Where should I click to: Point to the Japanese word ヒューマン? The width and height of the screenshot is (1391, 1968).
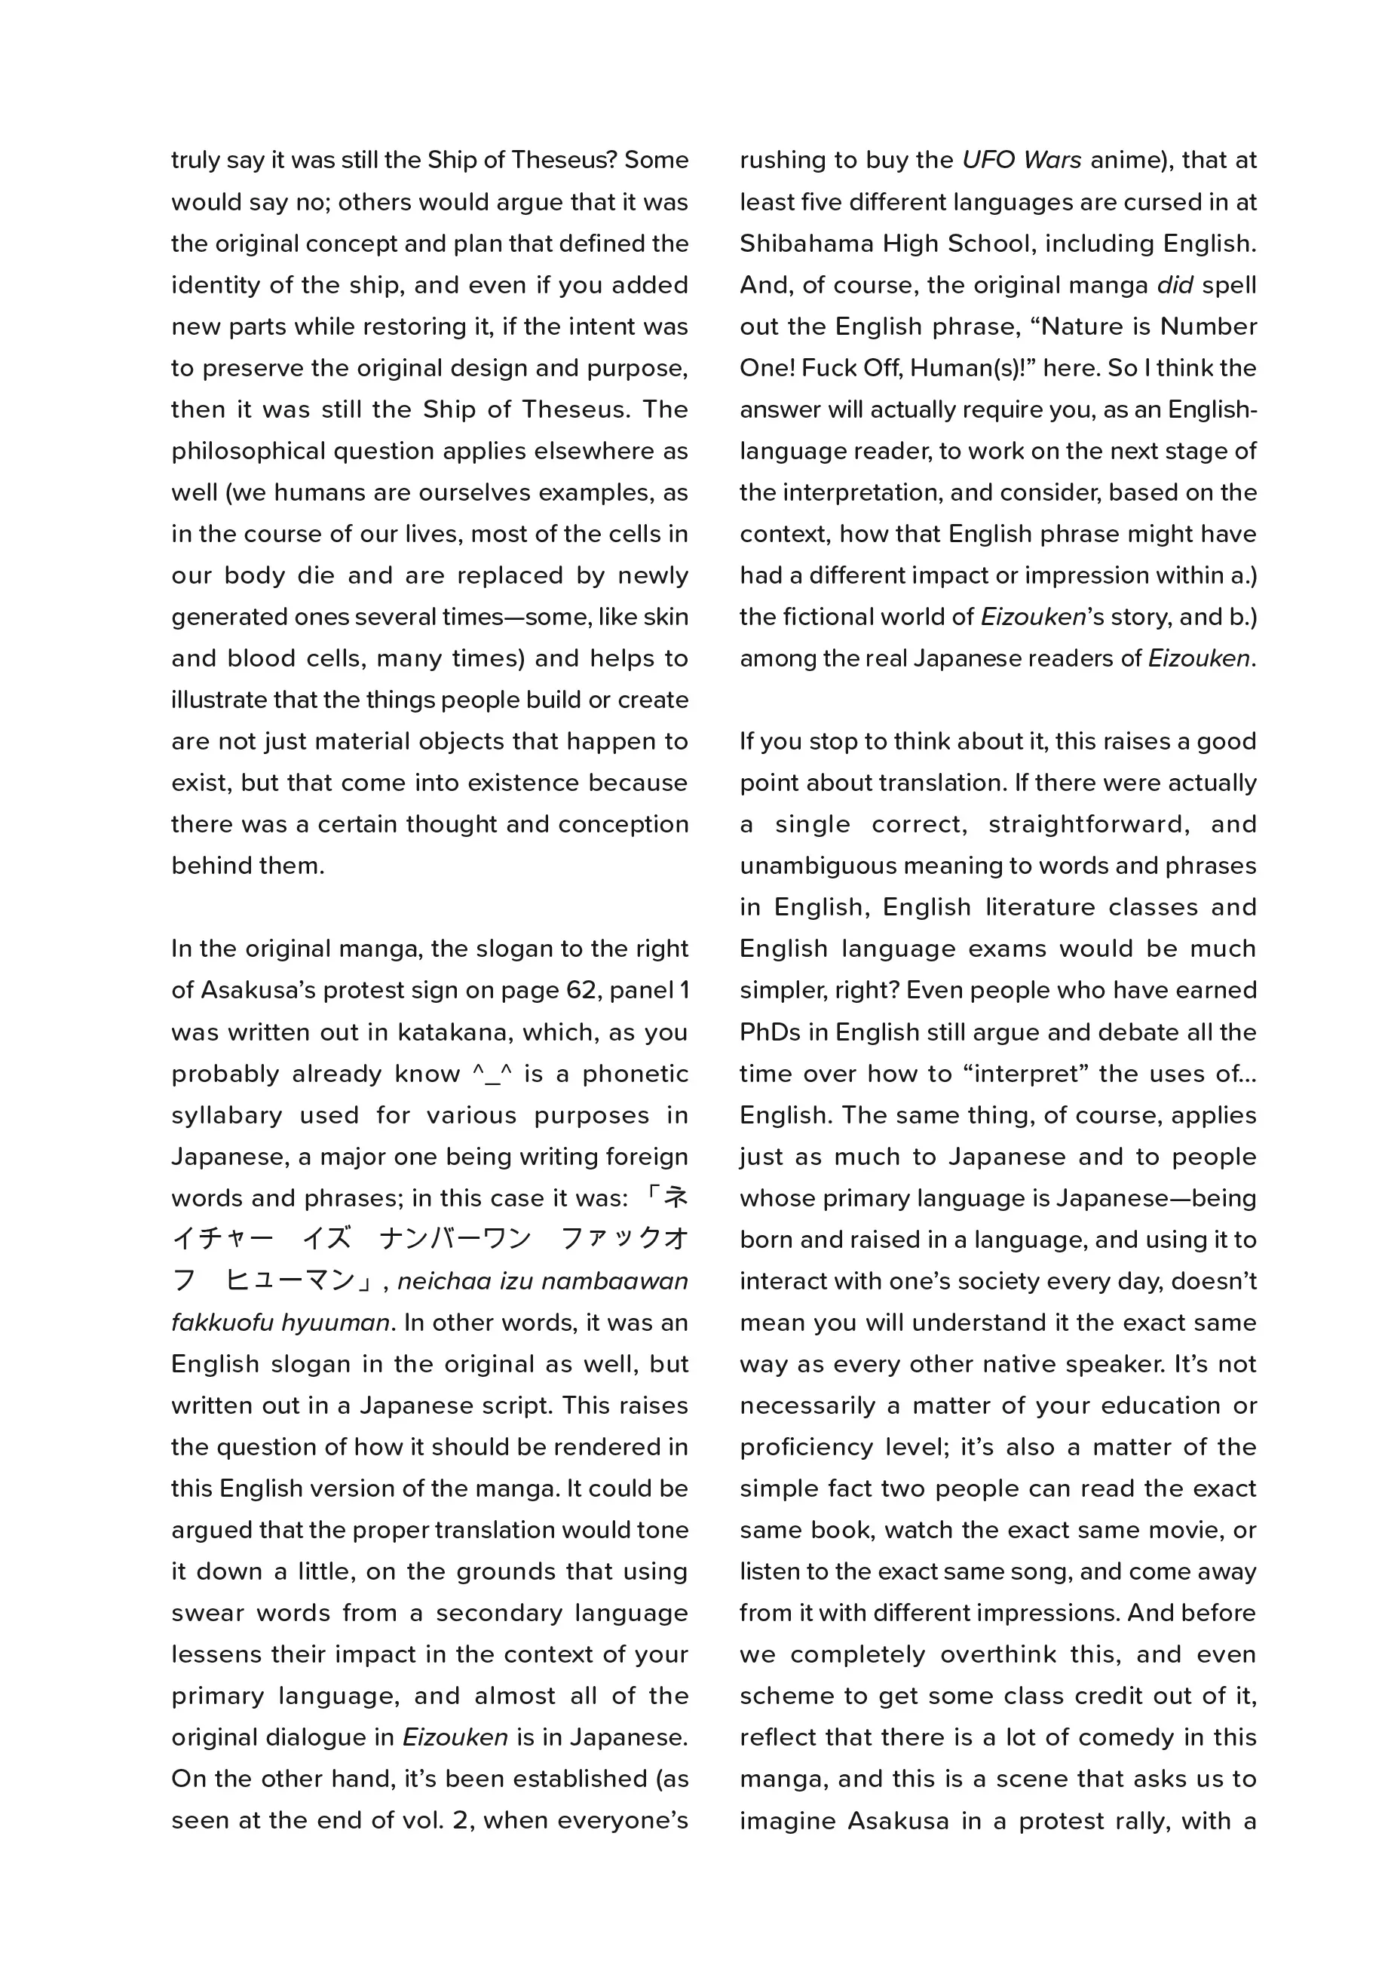pyautogui.click(x=290, y=1280)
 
